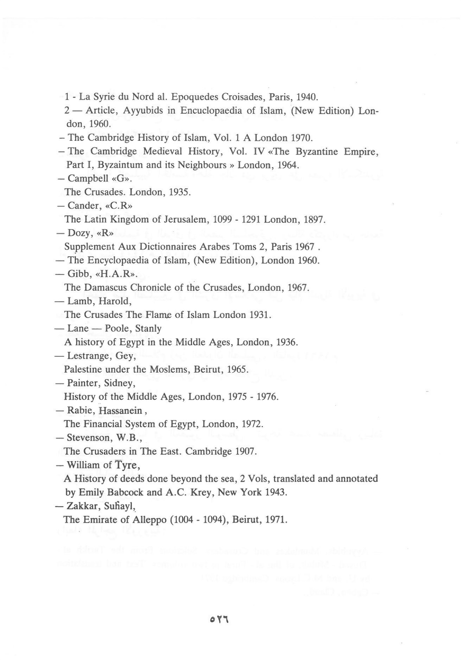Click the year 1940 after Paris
point(306,97)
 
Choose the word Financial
point(105,424)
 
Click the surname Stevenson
point(88,438)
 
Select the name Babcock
point(125,492)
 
